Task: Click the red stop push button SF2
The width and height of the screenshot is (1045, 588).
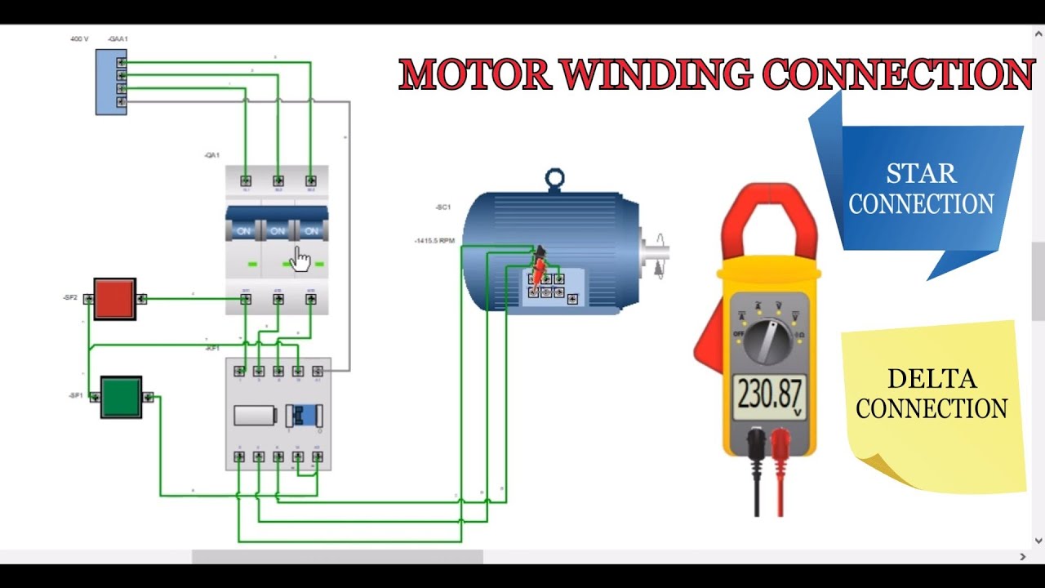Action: click(x=114, y=298)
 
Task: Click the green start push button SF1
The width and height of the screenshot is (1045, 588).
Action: click(x=121, y=397)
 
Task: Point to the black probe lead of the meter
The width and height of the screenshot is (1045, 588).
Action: click(x=758, y=482)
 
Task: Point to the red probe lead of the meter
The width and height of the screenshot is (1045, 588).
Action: click(x=780, y=482)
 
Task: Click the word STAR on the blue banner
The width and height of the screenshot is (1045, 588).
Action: click(x=921, y=174)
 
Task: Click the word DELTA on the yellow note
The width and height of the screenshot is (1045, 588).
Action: click(x=932, y=379)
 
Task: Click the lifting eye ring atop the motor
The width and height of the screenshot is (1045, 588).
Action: click(x=555, y=178)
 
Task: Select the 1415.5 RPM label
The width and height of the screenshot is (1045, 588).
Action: click(x=434, y=241)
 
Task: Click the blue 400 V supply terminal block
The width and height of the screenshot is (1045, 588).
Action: click(x=111, y=82)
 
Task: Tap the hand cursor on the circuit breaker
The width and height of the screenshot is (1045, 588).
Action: click(x=301, y=260)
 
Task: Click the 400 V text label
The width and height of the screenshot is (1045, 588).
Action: click(x=79, y=39)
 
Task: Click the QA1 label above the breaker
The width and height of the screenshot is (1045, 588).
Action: click(x=211, y=155)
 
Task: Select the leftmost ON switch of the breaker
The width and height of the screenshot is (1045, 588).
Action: click(x=243, y=231)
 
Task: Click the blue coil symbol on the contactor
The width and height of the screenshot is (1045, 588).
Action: click(x=305, y=415)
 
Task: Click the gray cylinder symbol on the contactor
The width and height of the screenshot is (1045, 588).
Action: click(x=256, y=415)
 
